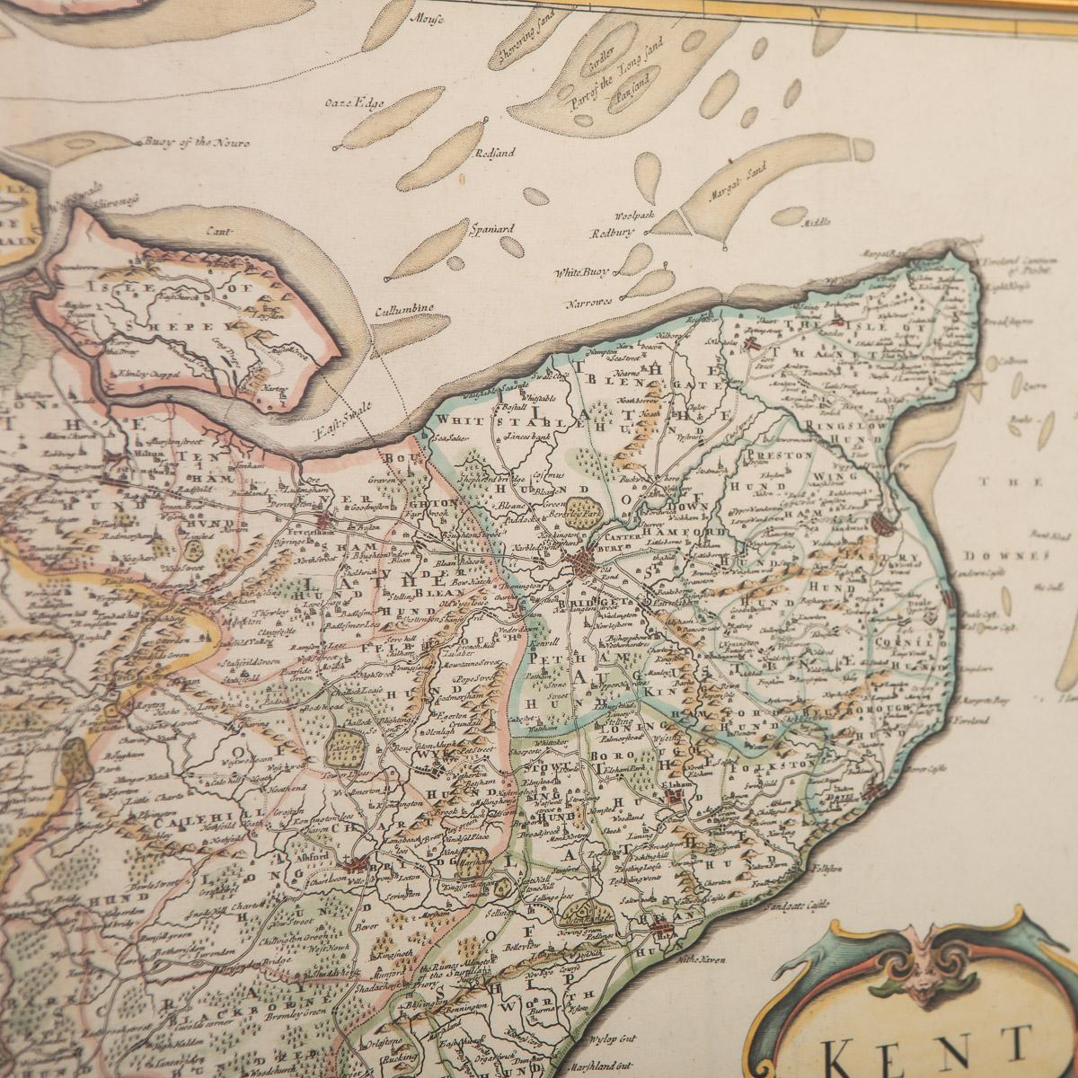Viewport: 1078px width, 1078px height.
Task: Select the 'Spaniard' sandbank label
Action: (491, 228)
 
